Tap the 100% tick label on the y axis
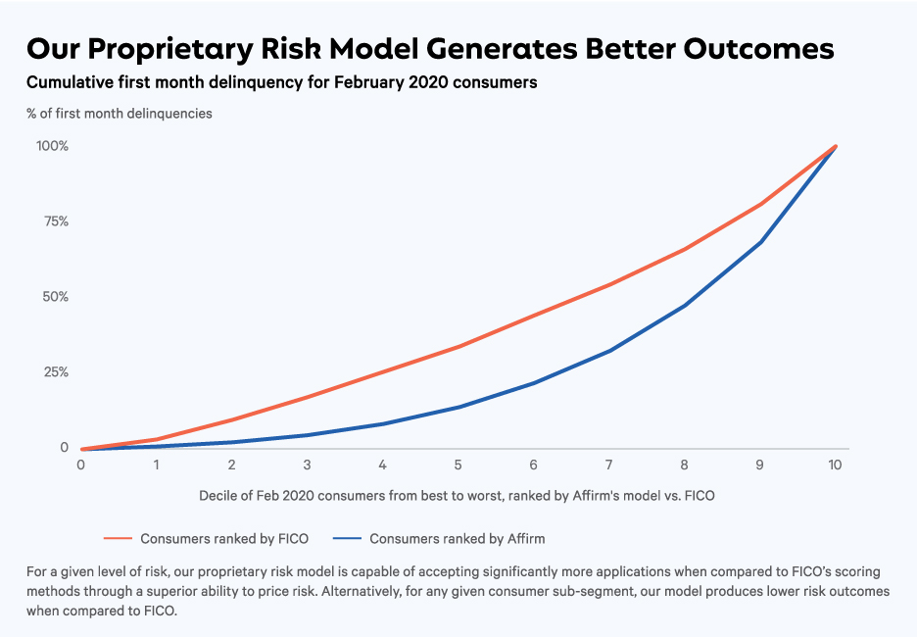pyautogui.click(x=52, y=146)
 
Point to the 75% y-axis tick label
pyautogui.click(x=55, y=221)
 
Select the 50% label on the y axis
pyautogui.click(x=55, y=297)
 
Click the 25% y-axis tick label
pyautogui.click(x=55, y=372)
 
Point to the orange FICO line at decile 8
pyautogui.click(x=684, y=249)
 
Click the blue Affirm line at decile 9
pyautogui.click(x=760, y=242)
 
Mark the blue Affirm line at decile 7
pyautogui.click(x=609, y=351)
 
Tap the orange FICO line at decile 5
pyautogui.click(x=458, y=346)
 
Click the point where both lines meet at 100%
pyautogui.click(x=835, y=146)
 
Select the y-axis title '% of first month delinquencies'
pyautogui.click(x=120, y=113)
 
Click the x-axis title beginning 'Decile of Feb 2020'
pyautogui.click(x=457, y=495)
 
